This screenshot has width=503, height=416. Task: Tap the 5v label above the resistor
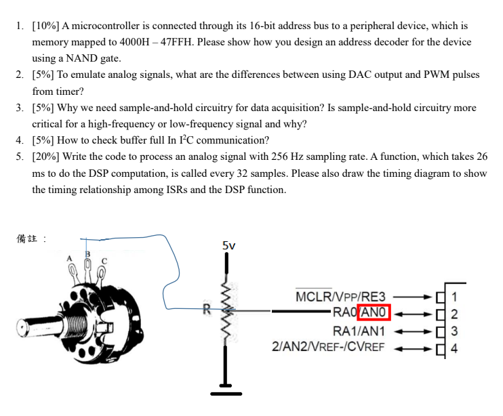click(x=228, y=245)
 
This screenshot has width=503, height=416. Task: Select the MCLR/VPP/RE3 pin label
click(x=340, y=297)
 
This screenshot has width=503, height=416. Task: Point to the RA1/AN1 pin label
click(x=359, y=331)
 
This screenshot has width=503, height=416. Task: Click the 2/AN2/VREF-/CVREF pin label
click(x=328, y=347)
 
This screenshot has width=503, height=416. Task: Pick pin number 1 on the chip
click(x=454, y=296)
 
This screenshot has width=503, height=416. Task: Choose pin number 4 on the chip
click(x=454, y=349)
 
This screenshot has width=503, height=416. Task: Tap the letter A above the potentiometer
click(x=68, y=258)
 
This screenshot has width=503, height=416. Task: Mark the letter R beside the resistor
click(x=207, y=310)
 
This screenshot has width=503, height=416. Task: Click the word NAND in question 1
click(x=81, y=58)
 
